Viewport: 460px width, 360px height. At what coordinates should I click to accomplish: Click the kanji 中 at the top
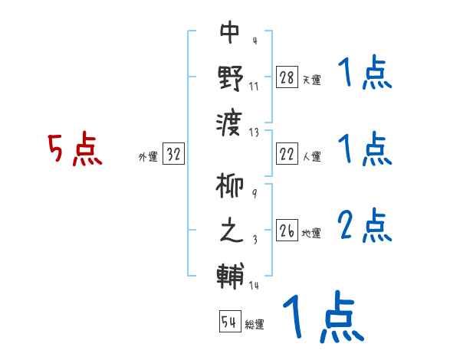pyautogui.click(x=230, y=32)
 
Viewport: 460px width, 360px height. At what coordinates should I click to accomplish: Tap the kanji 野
pyautogui.click(x=230, y=78)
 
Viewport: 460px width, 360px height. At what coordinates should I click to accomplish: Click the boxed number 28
pyautogui.click(x=287, y=77)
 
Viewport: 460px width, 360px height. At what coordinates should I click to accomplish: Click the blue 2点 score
pyautogui.click(x=364, y=227)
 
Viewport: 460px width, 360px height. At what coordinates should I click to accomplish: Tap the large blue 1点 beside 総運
pyautogui.click(x=322, y=319)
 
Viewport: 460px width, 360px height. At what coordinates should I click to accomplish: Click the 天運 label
pyautogui.click(x=311, y=80)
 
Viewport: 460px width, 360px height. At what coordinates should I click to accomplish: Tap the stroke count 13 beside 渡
pyautogui.click(x=255, y=133)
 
